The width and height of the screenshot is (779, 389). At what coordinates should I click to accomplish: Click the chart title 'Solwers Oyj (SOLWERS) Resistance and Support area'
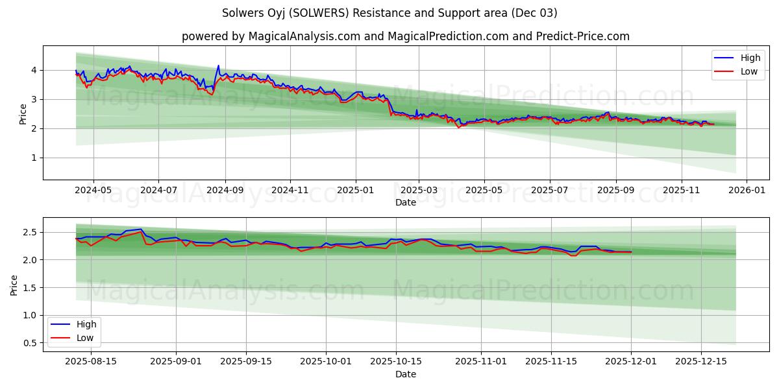(389, 13)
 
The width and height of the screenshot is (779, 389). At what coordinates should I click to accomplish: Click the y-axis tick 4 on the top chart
(32, 70)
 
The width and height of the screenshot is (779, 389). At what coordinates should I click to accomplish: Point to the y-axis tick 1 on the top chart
(32, 158)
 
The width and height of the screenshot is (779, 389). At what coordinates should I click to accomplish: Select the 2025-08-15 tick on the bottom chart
(92, 361)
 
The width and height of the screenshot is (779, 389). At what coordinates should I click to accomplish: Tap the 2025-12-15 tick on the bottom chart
(700, 361)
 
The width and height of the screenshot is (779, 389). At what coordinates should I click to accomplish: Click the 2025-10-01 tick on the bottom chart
(327, 361)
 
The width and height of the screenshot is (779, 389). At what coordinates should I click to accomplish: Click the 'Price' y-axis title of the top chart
(23, 113)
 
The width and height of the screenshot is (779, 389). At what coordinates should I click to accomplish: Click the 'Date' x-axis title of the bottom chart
(406, 374)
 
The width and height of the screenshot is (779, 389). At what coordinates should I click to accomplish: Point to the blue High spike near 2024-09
(218, 66)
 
